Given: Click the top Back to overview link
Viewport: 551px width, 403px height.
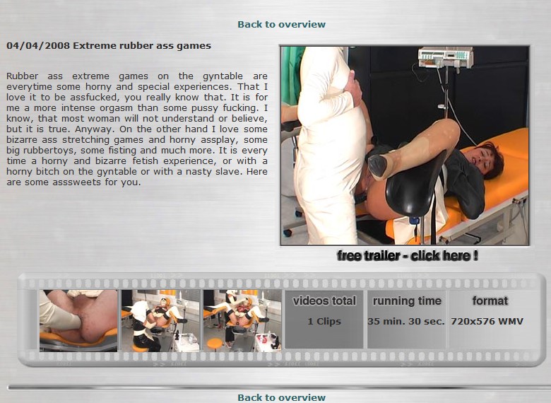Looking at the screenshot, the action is coord(281,24).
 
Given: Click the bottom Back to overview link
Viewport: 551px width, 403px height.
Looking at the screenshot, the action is coord(281,397).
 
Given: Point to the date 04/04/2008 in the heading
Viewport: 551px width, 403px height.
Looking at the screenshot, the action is coord(38,46).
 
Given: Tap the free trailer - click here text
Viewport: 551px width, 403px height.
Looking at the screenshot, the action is coord(408,256).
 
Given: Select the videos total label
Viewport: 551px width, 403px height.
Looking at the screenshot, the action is coord(324,301).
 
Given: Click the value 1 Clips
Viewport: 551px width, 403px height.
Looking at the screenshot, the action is coord(324,322).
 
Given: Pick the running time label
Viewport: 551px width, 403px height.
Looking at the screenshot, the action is coord(407,301).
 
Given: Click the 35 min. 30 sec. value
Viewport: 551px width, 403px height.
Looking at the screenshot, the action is coord(406,322).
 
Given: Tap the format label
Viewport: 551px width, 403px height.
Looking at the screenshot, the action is coord(490,301).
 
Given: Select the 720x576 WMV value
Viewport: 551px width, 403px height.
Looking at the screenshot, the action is coord(487,322).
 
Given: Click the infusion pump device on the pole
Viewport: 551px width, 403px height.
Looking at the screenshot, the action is coord(445,57).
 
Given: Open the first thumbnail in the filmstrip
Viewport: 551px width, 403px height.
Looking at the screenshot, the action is coord(78,321).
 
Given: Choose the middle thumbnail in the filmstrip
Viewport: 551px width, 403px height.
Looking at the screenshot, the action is coord(160,321).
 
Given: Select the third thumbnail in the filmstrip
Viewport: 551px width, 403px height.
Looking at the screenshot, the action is coord(242,321).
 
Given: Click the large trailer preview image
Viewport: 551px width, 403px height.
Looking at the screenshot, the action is coord(405,146).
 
